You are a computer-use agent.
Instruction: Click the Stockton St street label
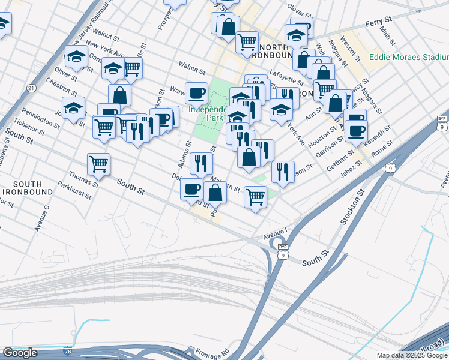point(353,207)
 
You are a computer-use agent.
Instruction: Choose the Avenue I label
point(274,230)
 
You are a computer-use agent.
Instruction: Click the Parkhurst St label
point(76,192)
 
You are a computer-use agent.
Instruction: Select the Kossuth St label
point(380,133)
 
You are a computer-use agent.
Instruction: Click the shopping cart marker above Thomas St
point(98,163)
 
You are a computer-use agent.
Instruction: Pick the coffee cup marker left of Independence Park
point(196,93)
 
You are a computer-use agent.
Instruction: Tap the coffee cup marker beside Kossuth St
point(357,131)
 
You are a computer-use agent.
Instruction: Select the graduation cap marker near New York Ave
point(76,57)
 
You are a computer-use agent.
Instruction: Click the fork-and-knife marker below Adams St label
point(201,162)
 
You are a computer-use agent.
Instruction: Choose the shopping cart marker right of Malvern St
point(256,196)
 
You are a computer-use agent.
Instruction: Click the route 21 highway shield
point(31,88)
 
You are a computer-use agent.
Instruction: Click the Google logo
point(20,352)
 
